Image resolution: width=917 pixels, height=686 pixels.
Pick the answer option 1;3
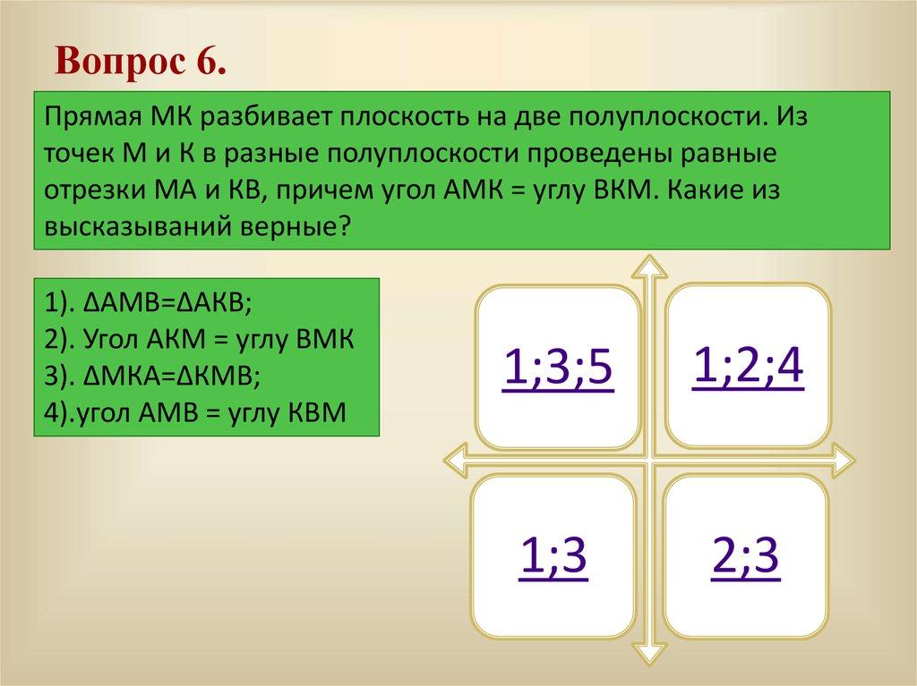click(553, 557)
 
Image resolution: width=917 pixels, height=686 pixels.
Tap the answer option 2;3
click(745, 557)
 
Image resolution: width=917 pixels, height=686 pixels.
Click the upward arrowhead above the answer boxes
click(650, 267)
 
